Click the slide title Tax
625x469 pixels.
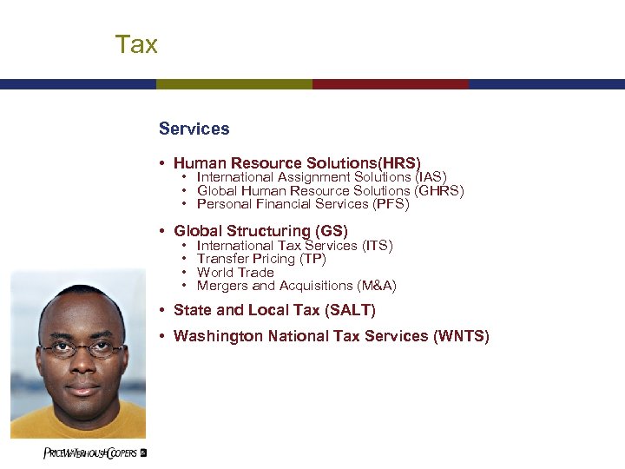136,44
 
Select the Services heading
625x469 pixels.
194,129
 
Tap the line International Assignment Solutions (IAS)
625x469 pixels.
321,177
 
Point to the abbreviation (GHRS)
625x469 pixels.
439,191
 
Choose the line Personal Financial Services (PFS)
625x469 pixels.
302,204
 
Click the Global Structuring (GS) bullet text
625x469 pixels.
260,231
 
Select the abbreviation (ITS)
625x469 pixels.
377,246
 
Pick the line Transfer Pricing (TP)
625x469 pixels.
261,259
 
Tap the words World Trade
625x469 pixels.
235,273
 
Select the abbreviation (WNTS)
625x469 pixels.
461,336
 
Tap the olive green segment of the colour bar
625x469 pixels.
234,84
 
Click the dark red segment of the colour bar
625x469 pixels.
390,84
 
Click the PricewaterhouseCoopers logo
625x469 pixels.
95,453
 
